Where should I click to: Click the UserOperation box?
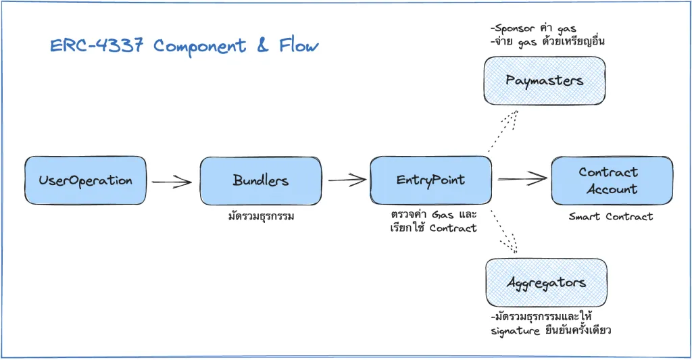coord(85,180)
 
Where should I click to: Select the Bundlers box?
coord(260,180)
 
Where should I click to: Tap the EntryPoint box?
coord(430,180)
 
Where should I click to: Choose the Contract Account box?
coord(612,180)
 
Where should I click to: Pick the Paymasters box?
coord(544,81)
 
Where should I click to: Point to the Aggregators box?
coord(546,282)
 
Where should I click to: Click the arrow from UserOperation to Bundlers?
coord(172,181)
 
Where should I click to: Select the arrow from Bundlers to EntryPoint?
coord(347,180)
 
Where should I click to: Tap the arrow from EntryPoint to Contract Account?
coord(523,179)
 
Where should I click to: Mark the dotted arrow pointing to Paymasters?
coord(502,131)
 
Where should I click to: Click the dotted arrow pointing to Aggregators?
coord(503,232)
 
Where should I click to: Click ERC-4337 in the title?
coord(97,45)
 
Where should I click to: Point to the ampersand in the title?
coord(263,45)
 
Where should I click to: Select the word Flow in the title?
coord(299,45)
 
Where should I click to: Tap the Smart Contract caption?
coord(611,217)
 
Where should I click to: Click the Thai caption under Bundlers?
coord(261,216)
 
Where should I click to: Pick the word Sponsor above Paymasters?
coord(514,28)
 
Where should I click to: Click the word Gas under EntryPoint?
coord(443,215)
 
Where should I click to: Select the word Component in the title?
coord(200,47)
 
